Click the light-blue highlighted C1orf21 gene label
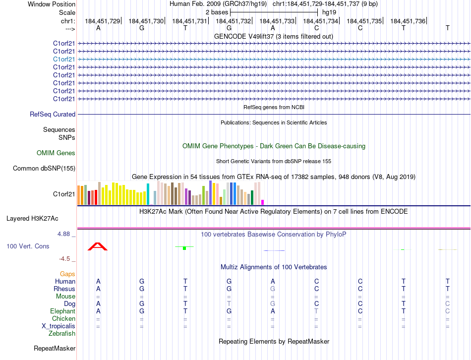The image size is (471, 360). coord(64,59)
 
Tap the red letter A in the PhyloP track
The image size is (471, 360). coord(98,246)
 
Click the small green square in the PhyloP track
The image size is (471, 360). coord(184,248)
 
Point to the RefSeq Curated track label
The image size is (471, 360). coord(53,115)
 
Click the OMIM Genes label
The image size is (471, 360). coord(56,153)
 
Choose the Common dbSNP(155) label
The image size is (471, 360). coord(44,169)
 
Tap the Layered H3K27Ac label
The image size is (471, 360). coord(32,218)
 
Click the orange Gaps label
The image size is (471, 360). coord(67,274)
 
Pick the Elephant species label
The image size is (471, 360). coord(62,311)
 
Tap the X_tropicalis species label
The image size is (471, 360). coord(59,326)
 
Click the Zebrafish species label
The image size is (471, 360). coord(62,334)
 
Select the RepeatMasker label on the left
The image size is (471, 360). coord(55,349)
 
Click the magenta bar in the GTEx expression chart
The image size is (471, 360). coord(263,202)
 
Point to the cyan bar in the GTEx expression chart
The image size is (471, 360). coord(148,194)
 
